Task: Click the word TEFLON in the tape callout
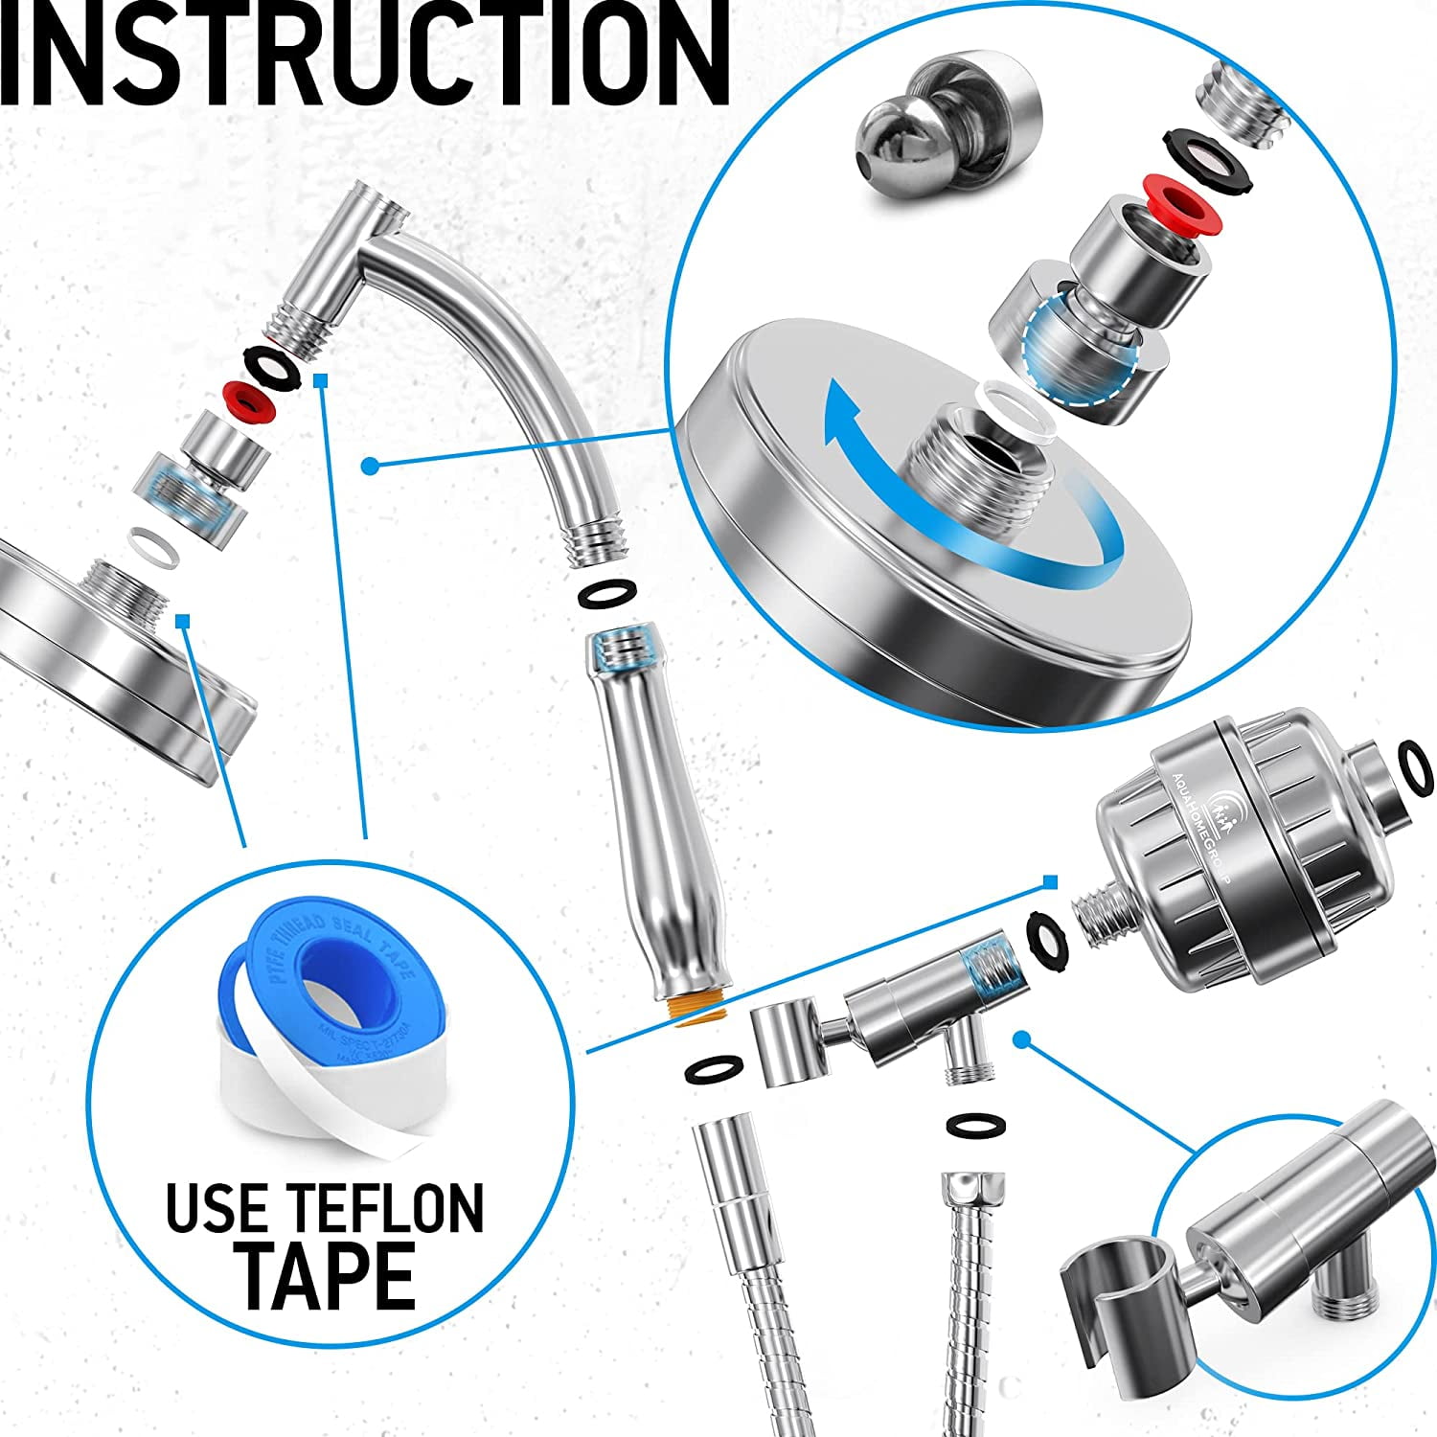(388, 1209)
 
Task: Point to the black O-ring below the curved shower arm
(605, 593)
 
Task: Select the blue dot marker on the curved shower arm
(369, 466)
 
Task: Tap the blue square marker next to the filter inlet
(1050, 880)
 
